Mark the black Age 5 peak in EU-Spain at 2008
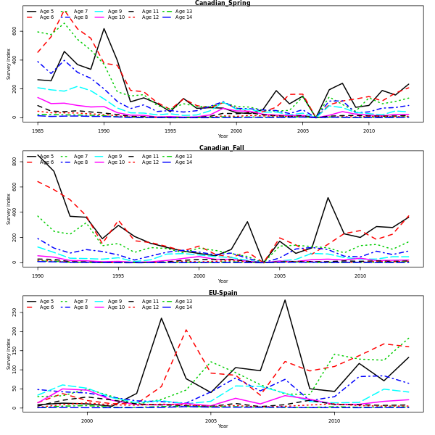tap(285, 300)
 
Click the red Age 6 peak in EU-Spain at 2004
tap(186, 330)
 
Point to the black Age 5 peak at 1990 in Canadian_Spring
tap(104, 28)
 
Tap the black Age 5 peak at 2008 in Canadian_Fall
tap(328, 197)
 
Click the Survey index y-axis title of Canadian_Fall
tap(9, 209)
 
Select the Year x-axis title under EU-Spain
tap(223, 426)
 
